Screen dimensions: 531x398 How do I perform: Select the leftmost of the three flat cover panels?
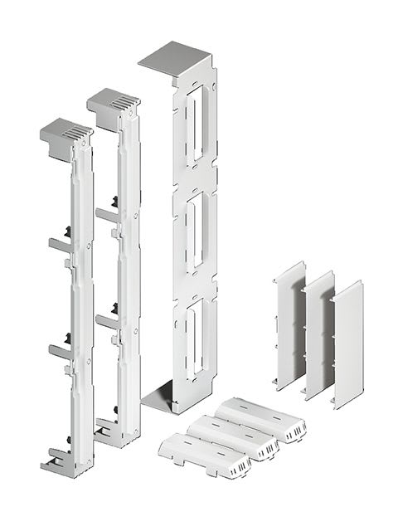coord(289,324)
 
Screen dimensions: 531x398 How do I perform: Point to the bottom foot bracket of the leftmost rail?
coord(66,463)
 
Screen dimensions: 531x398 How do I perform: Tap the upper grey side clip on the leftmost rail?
coord(60,245)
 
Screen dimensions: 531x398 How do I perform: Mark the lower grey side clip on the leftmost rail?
coord(60,351)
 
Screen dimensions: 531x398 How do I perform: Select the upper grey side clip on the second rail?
coord(106,215)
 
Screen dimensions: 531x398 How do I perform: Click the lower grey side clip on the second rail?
coord(106,320)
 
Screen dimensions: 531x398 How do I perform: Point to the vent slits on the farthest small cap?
coord(294,431)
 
